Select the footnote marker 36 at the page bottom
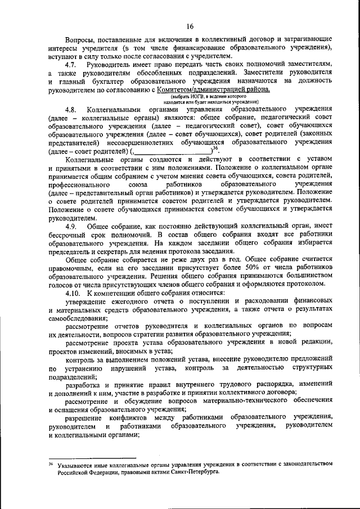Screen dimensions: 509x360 click(x=50, y=463)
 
